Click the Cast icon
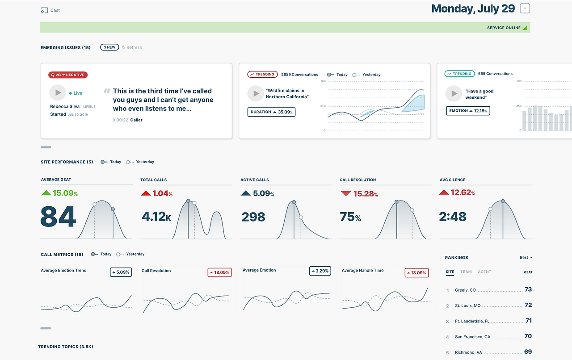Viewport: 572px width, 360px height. pos(44,10)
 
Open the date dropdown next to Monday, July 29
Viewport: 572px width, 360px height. pos(525,8)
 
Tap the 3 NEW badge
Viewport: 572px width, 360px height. pos(109,47)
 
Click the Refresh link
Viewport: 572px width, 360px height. pos(132,47)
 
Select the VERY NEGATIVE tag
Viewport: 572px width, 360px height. pos(68,75)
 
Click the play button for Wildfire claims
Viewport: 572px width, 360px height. pos(255,94)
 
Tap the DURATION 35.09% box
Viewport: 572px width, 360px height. pos(271,112)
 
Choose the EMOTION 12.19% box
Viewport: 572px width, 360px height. pos(468,111)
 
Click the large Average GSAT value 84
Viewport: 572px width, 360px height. pos(58,217)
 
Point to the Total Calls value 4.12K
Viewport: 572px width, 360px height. pos(156,217)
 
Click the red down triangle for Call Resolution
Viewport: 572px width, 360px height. pos(346,193)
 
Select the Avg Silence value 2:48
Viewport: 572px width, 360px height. pos(453,217)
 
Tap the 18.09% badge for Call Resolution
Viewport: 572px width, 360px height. pos(219,272)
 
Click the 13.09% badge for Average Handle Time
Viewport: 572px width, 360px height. pos(416,273)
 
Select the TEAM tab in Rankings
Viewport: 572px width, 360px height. pos(466,272)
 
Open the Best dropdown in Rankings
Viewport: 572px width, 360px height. pos(526,257)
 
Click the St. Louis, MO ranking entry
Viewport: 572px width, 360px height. pos(468,306)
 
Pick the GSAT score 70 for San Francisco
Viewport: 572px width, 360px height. pos(528,336)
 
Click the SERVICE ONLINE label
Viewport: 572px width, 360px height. pos(504,28)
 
